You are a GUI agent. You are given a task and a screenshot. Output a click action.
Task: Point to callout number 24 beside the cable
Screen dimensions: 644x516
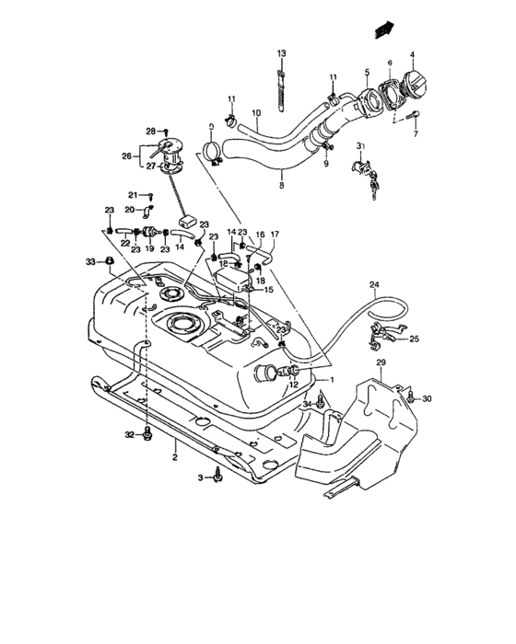(374, 283)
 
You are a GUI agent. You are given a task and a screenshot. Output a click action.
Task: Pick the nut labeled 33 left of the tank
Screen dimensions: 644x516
(108, 263)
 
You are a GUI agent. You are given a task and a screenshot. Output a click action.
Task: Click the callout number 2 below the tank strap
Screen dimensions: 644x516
(172, 456)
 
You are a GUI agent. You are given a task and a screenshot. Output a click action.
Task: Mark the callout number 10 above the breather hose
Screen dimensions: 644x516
(257, 113)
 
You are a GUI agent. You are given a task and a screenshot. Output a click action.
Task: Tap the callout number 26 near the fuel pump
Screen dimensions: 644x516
(128, 155)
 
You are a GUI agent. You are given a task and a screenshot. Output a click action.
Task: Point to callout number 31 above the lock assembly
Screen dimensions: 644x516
(362, 145)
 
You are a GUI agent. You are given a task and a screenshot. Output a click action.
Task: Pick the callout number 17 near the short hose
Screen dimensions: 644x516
(274, 235)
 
